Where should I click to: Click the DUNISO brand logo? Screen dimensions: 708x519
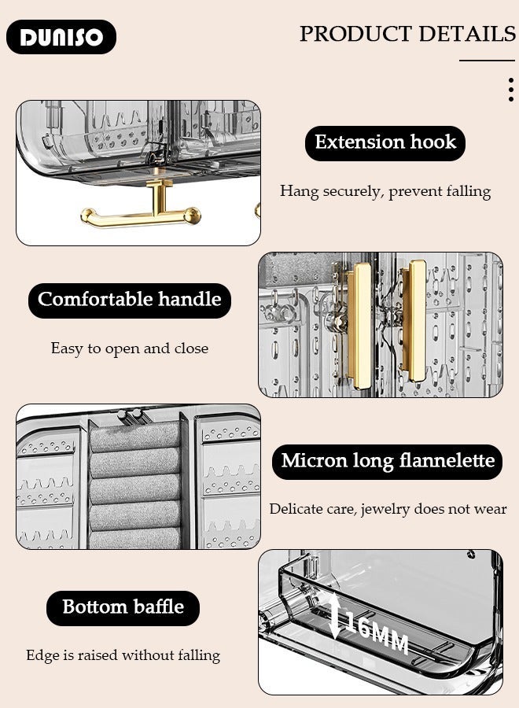click(x=61, y=37)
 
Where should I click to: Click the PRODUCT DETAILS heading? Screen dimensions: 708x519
click(x=407, y=34)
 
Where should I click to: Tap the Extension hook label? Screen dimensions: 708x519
click(x=385, y=142)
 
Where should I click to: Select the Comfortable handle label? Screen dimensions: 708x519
click(x=130, y=300)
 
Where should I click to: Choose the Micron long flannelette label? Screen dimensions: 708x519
click(x=388, y=461)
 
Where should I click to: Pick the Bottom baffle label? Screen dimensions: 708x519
click(x=123, y=607)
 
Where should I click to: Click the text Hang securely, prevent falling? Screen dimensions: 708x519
click(x=385, y=191)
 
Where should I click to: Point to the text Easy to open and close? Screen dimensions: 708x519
click(x=130, y=348)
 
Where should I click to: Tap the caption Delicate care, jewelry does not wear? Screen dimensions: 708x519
click(x=388, y=509)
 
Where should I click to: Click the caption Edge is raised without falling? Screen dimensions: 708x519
click(x=123, y=655)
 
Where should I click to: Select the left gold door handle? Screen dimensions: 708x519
click(x=361, y=324)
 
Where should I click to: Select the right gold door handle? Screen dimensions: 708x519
click(x=414, y=315)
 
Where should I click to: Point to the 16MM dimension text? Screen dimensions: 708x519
click(x=377, y=636)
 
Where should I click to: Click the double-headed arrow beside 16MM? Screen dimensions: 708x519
click(x=336, y=616)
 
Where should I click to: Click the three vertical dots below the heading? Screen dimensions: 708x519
click(x=510, y=90)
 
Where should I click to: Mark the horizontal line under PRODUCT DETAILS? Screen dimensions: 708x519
click(x=487, y=61)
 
